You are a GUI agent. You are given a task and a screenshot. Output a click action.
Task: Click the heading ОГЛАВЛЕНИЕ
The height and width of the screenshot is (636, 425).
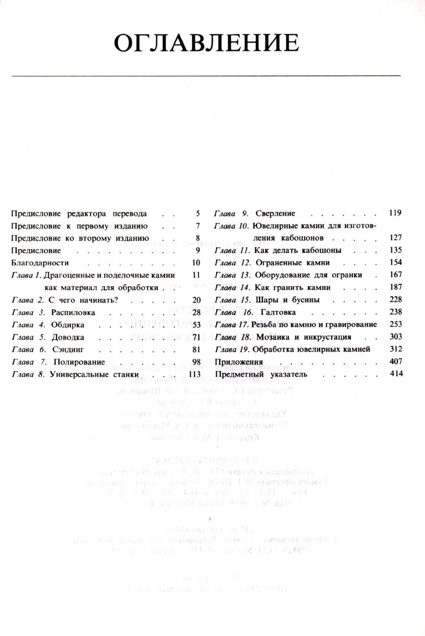[206, 43]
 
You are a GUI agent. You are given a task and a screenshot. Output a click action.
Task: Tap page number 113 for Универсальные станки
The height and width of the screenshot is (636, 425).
[195, 374]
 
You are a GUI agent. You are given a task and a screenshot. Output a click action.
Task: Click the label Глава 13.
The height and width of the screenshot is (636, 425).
[232, 275]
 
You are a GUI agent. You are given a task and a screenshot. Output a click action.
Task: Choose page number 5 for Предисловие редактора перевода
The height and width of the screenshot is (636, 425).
[198, 213]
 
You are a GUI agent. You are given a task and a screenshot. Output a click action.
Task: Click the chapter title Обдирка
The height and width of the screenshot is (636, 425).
[68, 325]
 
